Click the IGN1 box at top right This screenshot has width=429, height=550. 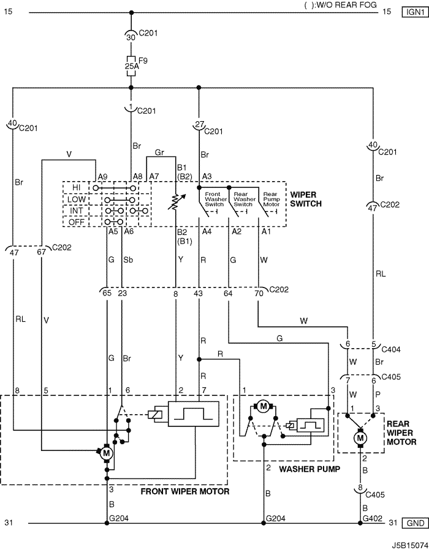(x=416, y=12)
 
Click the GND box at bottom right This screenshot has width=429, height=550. (x=416, y=523)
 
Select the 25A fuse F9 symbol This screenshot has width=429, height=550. (x=131, y=65)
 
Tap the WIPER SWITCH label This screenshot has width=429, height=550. (x=306, y=199)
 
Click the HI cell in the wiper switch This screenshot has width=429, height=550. (x=76, y=188)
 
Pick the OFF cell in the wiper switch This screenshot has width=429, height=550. (x=76, y=222)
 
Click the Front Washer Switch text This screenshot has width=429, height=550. (x=214, y=199)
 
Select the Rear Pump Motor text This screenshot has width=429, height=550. (x=271, y=199)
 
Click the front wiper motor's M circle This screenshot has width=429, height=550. (x=106, y=453)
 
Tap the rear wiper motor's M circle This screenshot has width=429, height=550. (x=360, y=438)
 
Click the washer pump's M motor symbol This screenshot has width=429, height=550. (x=263, y=407)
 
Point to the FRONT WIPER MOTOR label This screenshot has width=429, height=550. (x=185, y=491)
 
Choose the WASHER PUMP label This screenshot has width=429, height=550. (x=309, y=469)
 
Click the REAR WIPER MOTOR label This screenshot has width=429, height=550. (x=401, y=433)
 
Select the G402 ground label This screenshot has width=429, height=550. (x=372, y=518)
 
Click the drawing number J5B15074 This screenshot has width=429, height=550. (x=409, y=545)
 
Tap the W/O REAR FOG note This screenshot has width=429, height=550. (x=341, y=4)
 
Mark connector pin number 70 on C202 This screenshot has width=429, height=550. (x=259, y=293)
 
